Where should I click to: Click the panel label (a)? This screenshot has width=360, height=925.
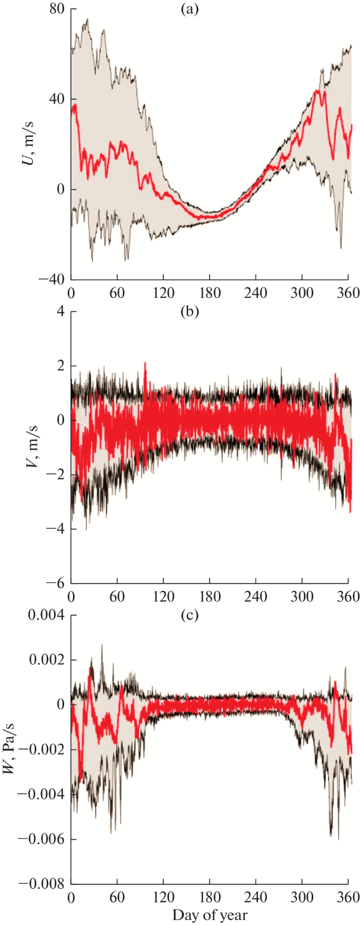point(189,9)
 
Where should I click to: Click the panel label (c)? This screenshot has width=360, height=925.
point(189,615)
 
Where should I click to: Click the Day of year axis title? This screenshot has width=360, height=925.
point(209,916)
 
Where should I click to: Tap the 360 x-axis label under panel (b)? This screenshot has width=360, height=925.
point(348,597)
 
